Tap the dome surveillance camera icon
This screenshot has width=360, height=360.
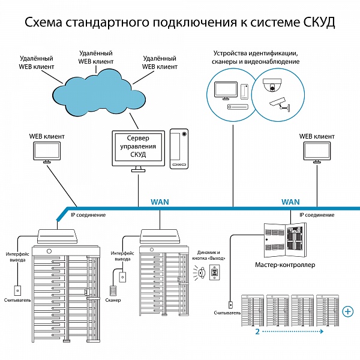point(272,85)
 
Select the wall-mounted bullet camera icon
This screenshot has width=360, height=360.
point(280,104)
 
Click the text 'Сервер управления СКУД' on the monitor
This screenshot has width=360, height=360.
point(138,146)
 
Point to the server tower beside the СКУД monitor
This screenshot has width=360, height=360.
point(179,149)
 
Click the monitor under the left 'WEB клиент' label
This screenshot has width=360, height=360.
point(47,152)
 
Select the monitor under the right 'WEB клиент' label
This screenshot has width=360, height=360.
point(317,152)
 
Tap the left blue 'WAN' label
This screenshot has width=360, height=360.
point(160,202)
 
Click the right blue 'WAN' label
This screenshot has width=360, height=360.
point(290,202)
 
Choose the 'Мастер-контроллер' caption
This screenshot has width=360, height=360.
point(285,265)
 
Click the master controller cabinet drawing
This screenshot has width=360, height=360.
point(285,240)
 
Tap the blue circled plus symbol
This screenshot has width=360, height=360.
point(348,311)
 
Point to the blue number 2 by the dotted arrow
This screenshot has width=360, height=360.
point(257,332)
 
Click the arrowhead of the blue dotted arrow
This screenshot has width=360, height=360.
point(322,331)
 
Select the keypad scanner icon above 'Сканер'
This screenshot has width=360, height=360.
point(113,290)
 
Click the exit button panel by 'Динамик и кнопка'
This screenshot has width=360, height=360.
point(215,272)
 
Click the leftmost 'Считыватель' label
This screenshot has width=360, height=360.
point(17,300)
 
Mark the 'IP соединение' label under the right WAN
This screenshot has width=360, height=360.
point(317,215)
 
